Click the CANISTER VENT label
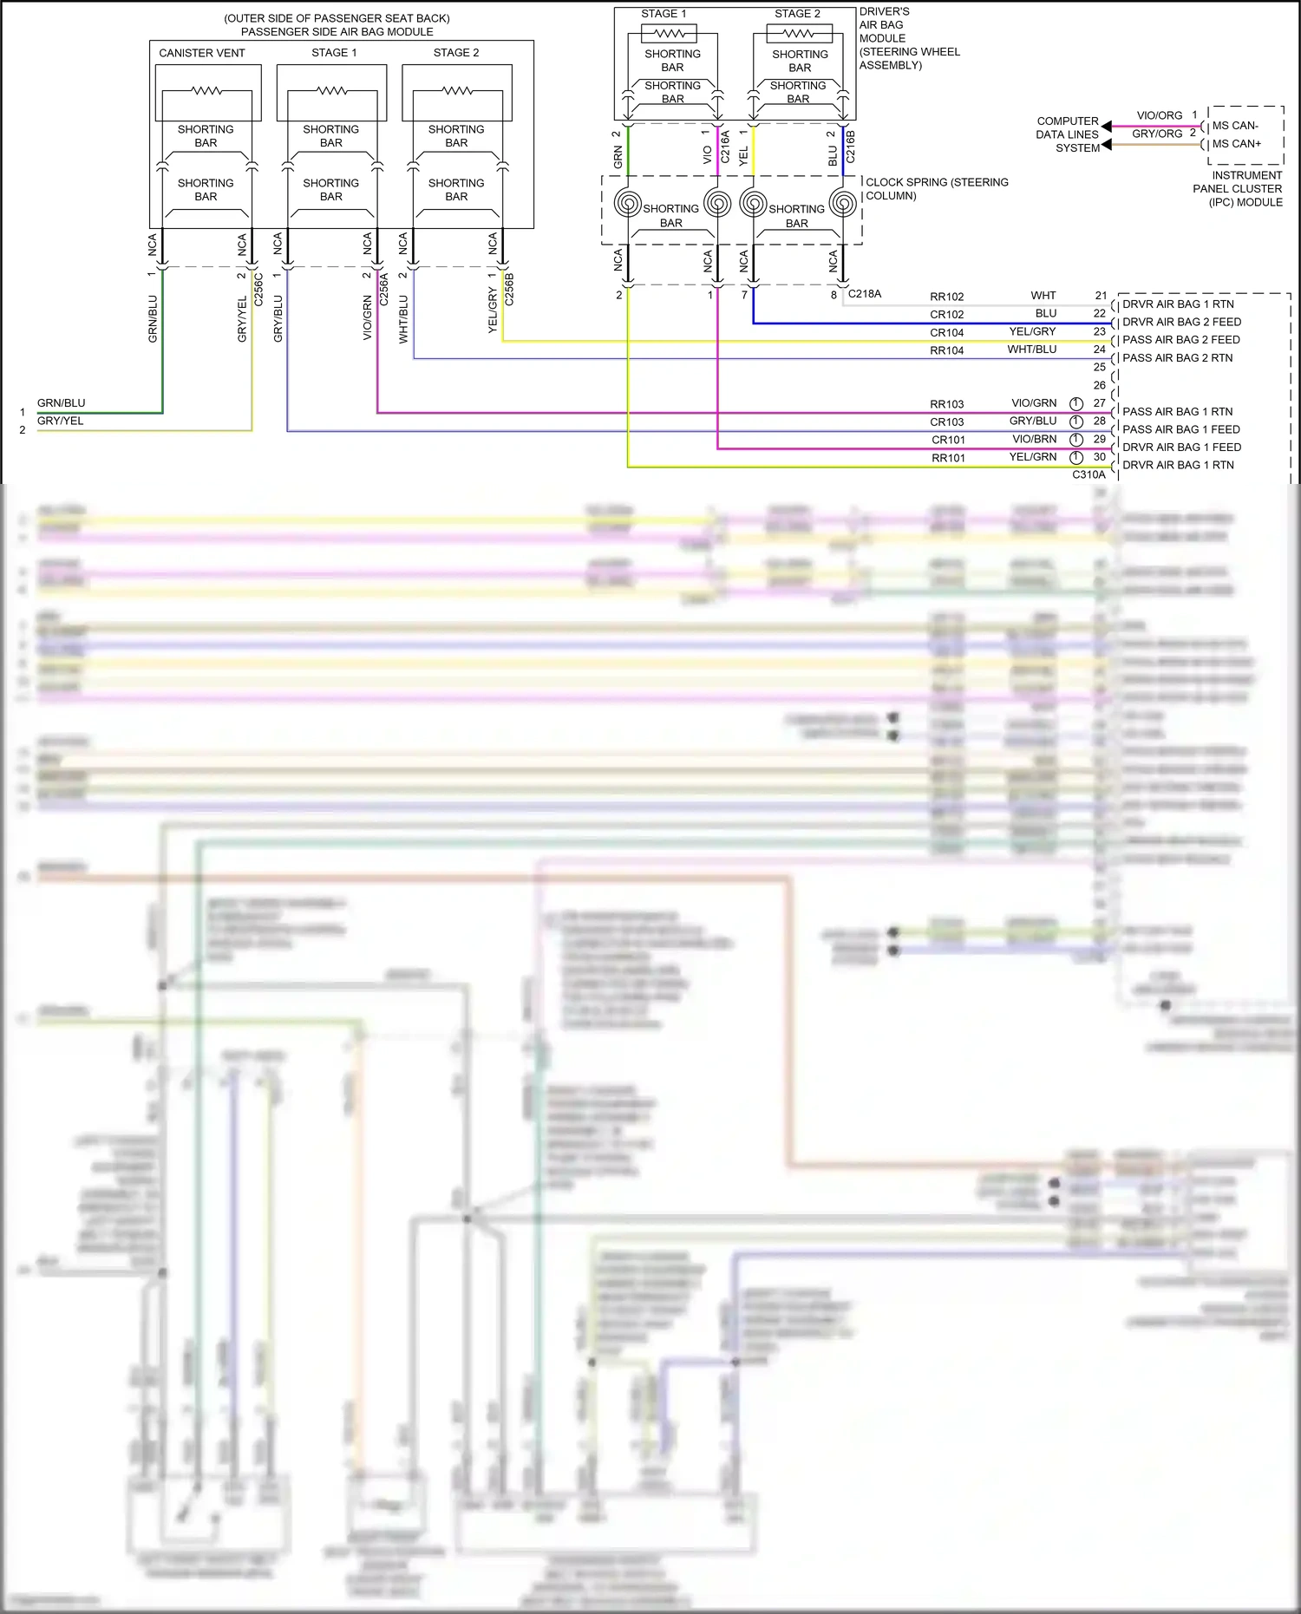coord(201,53)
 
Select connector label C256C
coord(258,289)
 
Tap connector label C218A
coord(864,294)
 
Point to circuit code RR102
coord(946,297)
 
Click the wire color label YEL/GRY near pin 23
coord(1032,331)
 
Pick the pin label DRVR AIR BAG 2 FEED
coord(1181,322)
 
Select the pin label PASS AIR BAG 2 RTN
coord(1177,357)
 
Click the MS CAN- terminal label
coord(1235,126)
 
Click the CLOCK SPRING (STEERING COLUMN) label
coord(937,188)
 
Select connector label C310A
coord(1089,474)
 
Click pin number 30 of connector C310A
coord(1099,457)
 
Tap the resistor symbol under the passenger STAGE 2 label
coord(457,91)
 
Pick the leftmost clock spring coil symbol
coord(628,203)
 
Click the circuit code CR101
coord(948,440)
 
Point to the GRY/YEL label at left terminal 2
coord(60,421)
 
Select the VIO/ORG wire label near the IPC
coord(1159,115)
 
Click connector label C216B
coord(850,147)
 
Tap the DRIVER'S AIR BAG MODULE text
coord(908,38)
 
